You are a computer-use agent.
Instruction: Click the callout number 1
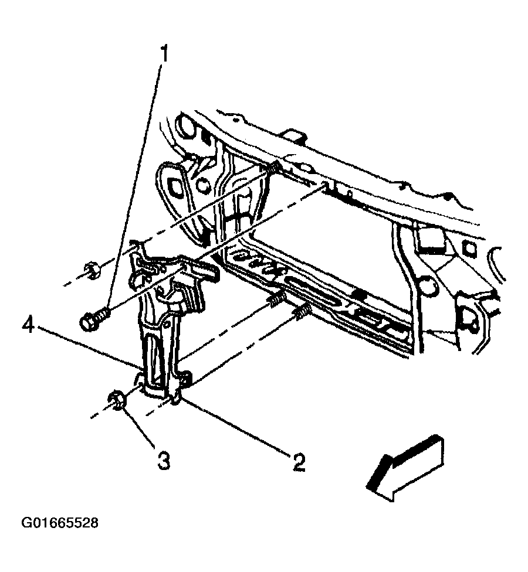click(164, 54)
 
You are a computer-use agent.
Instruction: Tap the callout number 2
click(298, 462)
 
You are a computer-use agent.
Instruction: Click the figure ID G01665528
click(59, 523)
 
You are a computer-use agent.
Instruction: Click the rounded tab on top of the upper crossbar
click(295, 134)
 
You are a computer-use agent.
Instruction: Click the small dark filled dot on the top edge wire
click(448, 198)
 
